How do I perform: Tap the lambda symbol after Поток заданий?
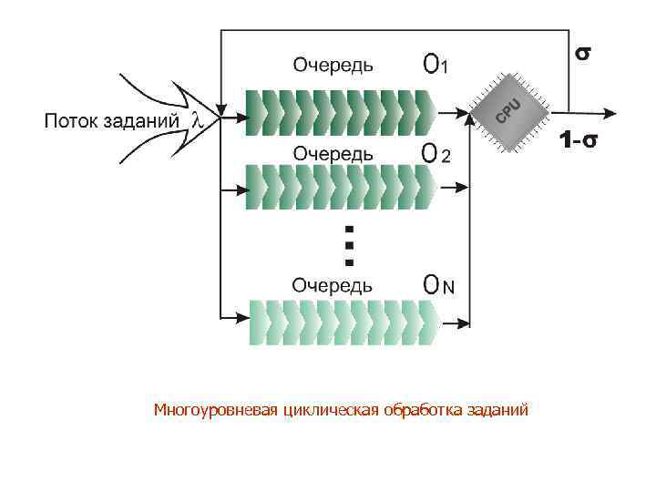(x=195, y=119)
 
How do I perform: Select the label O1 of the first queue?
(x=435, y=64)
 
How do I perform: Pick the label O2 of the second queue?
(x=436, y=154)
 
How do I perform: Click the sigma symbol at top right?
(x=580, y=53)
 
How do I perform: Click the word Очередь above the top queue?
(x=332, y=64)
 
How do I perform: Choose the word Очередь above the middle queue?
(x=332, y=153)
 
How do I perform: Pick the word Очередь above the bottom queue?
(x=332, y=285)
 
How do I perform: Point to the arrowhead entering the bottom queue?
(x=243, y=319)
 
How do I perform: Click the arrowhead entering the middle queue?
(x=243, y=189)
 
